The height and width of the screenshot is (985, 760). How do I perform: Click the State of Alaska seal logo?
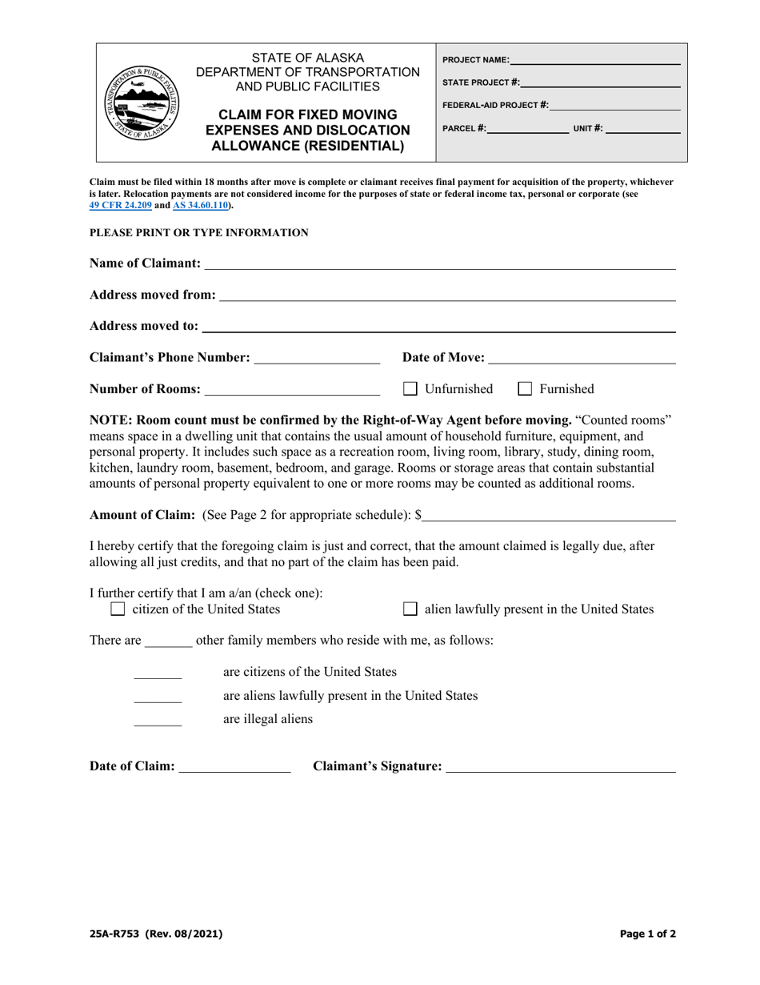click(x=144, y=103)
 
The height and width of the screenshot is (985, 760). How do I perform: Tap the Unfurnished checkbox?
click(x=410, y=389)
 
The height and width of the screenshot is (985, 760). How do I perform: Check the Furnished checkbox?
click(x=526, y=389)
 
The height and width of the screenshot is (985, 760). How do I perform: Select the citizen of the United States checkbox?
click(x=118, y=609)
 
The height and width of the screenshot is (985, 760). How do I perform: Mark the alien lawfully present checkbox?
click(x=410, y=609)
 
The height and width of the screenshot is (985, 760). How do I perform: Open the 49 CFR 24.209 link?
click(x=120, y=205)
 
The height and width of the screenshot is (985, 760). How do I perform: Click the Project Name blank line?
click(x=594, y=61)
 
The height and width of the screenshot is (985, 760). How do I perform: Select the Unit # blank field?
click(x=642, y=129)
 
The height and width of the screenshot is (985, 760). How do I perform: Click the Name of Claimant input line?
click(x=439, y=265)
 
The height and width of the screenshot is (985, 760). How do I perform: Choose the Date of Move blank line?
click(x=582, y=359)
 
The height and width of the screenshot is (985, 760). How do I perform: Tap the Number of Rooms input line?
click(x=292, y=390)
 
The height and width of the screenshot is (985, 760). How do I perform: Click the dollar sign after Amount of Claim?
click(x=418, y=515)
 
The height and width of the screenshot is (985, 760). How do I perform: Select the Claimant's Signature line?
click(x=560, y=768)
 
